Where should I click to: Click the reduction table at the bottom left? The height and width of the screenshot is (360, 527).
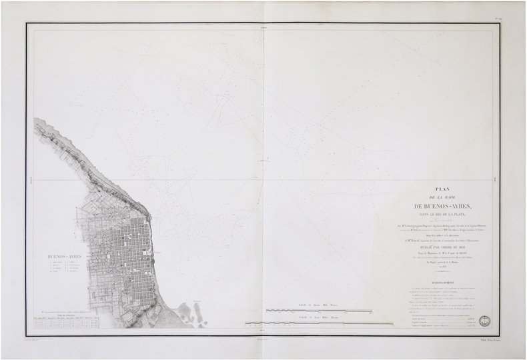coord(64,322)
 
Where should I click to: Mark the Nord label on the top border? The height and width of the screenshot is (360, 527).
coord(263,27)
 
